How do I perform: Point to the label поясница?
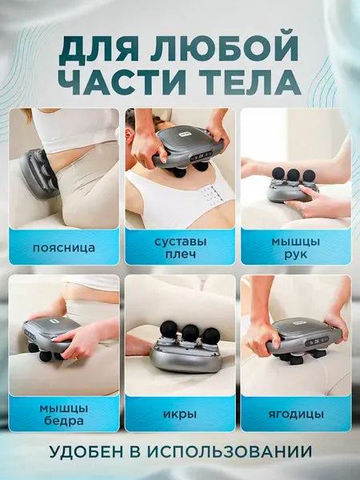63,247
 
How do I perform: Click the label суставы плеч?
180,247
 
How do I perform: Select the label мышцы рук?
295,247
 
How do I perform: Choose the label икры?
180,414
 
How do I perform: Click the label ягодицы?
295,414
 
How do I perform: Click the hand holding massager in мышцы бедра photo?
81,341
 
